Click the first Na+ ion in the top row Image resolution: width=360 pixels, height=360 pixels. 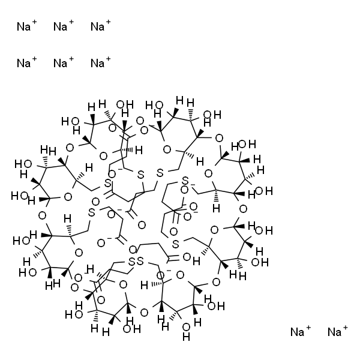(x=23, y=26)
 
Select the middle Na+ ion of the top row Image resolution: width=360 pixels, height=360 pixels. (x=60, y=26)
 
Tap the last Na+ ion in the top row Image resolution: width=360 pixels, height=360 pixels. (x=97, y=26)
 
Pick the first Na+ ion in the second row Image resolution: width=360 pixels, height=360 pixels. (x=23, y=62)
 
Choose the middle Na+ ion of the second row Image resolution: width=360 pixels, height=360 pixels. (x=60, y=62)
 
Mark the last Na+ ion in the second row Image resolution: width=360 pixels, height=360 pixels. (x=97, y=62)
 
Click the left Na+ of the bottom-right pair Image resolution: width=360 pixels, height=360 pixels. (x=297, y=332)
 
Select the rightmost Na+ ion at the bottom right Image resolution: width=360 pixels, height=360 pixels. (x=334, y=332)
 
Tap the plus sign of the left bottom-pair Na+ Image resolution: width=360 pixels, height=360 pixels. (x=309, y=328)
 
